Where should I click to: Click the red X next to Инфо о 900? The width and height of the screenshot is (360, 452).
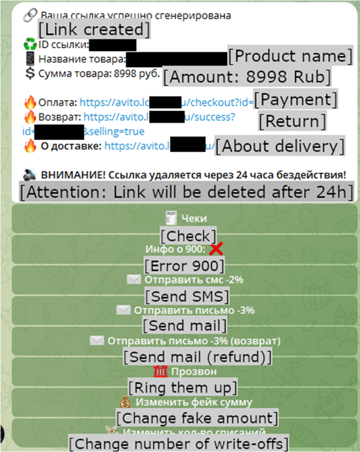click(x=216, y=250)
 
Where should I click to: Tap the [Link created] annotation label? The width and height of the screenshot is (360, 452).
click(x=94, y=29)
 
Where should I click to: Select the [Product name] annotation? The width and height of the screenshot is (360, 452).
click(x=290, y=56)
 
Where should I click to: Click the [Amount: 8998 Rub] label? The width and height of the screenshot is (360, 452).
click(x=247, y=77)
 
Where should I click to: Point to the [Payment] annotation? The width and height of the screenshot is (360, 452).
click(x=296, y=100)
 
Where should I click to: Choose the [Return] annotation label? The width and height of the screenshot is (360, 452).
click(x=292, y=121)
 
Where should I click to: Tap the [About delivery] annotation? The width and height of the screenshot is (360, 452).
click(x=279, y=146)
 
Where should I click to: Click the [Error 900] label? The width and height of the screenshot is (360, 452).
click(x=184, y=266)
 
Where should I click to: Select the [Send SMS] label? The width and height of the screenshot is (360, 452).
click(x=187, y=296)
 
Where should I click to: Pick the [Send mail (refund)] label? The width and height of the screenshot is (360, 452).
click(x=197, y=356)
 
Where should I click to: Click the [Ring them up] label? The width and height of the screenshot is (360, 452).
click(x=183, y=388)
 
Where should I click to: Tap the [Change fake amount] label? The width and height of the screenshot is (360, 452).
click(x=197, y=418)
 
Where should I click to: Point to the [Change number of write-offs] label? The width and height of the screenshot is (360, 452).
click(x=178, y=443)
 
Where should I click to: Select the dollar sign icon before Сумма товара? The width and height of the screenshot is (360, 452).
click(x=30, y=74)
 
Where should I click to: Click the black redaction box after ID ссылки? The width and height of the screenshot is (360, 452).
click(x=112, y=45)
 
